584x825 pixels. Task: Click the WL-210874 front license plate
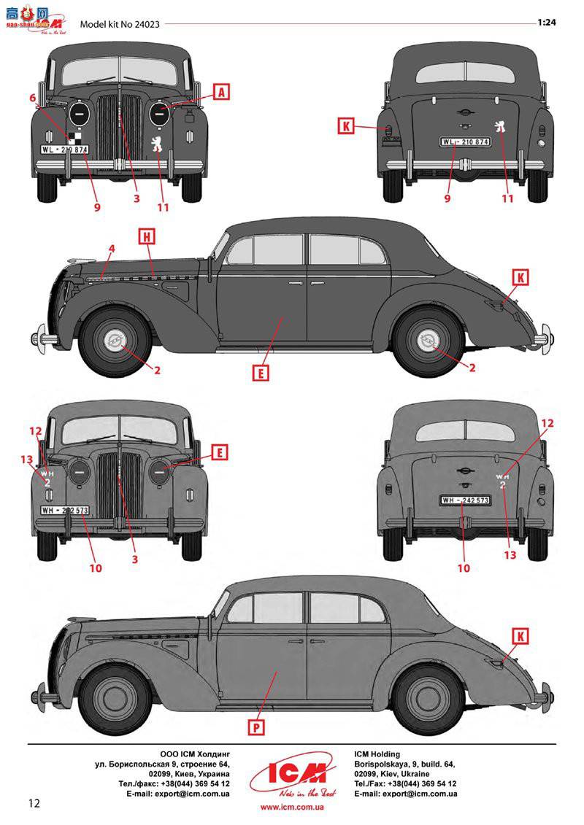click(x=64, y=150)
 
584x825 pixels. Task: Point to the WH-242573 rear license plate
click(x=464, y=500)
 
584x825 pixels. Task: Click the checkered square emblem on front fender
click(x=74, y=136)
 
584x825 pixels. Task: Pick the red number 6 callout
click(x=32, y=98)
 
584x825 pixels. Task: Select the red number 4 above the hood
click(x=111, y=249)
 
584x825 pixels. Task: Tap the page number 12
click(x=34, y=803)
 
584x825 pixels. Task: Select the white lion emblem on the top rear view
click(x=502, y=127)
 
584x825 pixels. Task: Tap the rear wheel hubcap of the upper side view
click(x=429, y=342)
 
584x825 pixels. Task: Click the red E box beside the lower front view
click(x=218, y=452)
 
